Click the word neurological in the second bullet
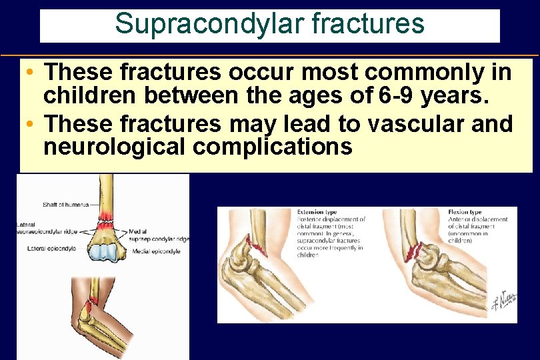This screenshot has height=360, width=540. coord(114,147)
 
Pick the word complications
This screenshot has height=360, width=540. coord(273,147)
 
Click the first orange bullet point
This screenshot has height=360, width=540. coord(31,71)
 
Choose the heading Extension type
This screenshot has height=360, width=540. coord(319,212)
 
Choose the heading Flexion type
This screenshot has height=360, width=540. coord(465,212)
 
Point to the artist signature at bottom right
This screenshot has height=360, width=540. coord(505,301)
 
